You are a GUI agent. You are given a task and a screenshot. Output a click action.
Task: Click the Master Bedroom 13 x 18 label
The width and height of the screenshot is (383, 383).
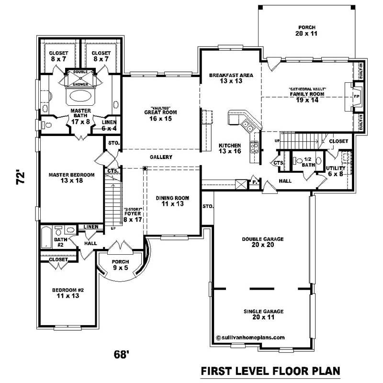tap(71, 178)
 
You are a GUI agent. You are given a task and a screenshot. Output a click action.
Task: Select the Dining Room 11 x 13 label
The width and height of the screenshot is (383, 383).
tap(172, 201)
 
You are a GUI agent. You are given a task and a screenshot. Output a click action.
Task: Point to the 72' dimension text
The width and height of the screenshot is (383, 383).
tap(19, 178)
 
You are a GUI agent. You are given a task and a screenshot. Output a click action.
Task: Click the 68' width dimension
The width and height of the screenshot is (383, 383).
tap(122, 355)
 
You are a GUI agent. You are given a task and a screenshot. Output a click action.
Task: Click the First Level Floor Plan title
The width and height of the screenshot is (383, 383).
tap(270, 371)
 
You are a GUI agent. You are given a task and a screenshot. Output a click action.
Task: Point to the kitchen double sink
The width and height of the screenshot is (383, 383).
tap(248, 126)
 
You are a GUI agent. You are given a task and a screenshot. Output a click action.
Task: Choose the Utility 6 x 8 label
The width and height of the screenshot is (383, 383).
tap(336, 171)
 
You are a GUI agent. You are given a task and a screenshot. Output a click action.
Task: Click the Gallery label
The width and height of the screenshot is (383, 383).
tap(161, 157)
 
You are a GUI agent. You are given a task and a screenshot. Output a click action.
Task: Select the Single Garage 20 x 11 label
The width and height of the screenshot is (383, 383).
tap(262, 314)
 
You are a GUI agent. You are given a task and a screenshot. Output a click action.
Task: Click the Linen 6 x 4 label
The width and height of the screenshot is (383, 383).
tap(109, 125)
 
